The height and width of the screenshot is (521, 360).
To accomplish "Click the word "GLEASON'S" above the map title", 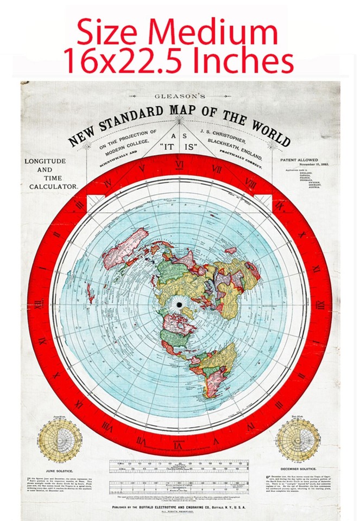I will click(x=180, y=96).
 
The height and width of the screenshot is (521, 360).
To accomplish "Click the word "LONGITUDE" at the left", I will click(x=45, y=161).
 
